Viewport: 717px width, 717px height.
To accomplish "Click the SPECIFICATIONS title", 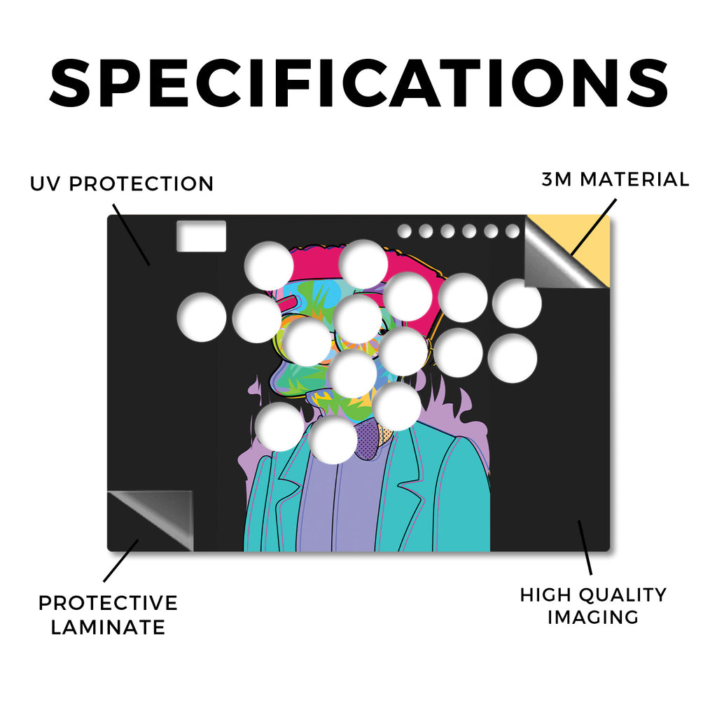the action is click(359, 83).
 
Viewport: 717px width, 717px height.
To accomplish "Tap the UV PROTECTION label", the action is click(122, 184).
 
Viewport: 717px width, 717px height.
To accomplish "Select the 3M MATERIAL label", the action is click(615, 179).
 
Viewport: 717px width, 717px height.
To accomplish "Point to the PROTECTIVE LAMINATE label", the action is click(108, 615).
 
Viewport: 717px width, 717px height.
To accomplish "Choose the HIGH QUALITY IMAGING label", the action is click(594, 606).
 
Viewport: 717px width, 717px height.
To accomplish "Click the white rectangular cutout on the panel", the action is click(202, 236).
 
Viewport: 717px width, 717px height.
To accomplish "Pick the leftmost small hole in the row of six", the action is click(404, 231).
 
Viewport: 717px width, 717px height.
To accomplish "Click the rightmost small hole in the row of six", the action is click(513, 231).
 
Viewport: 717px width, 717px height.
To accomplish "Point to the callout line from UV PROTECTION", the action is click(131, 235).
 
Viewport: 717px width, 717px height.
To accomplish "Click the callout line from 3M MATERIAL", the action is click(594, 227).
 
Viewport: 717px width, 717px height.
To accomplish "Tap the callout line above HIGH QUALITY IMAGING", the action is click(585, 548).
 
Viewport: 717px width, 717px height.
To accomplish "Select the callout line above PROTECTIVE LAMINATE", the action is click(121, 561).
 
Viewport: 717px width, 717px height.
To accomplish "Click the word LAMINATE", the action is click(108, 627).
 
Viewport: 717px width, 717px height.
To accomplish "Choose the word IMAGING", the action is click(593, 618).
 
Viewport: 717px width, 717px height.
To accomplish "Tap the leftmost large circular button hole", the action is click(202, 317).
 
